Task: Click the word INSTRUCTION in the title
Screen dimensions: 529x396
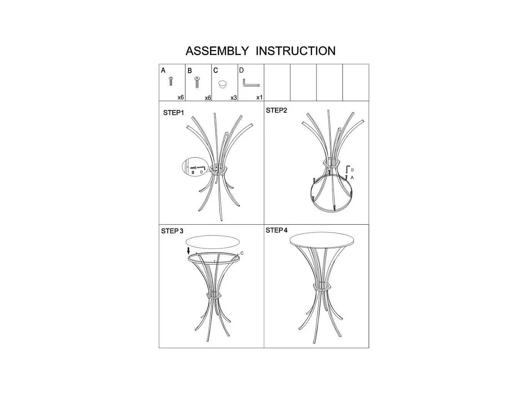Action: click(295, 51)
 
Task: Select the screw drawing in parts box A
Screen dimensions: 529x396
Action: click(170, 81)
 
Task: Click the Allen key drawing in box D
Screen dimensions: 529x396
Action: click(251, 84)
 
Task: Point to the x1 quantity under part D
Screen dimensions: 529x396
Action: click(259, 97)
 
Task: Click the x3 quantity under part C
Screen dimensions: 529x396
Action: click(234, 98)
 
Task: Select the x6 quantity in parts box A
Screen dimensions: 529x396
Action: click(181, 97)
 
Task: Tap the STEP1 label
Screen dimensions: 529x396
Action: click(173, 113)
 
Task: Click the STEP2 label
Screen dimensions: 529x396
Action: click(277, 110)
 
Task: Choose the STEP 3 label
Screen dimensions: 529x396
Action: click(172, 231)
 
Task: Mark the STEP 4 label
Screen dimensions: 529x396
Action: click(277, 230)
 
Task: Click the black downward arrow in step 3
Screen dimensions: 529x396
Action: click(188, 251)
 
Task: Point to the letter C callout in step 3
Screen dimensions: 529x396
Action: click(242, 253)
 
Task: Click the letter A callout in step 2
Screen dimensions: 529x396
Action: click(352, 177)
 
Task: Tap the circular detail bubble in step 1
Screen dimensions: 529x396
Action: click(195, 168)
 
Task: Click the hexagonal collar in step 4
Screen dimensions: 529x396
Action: click(322, 287)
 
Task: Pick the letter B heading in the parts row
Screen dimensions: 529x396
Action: click(190, 71)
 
